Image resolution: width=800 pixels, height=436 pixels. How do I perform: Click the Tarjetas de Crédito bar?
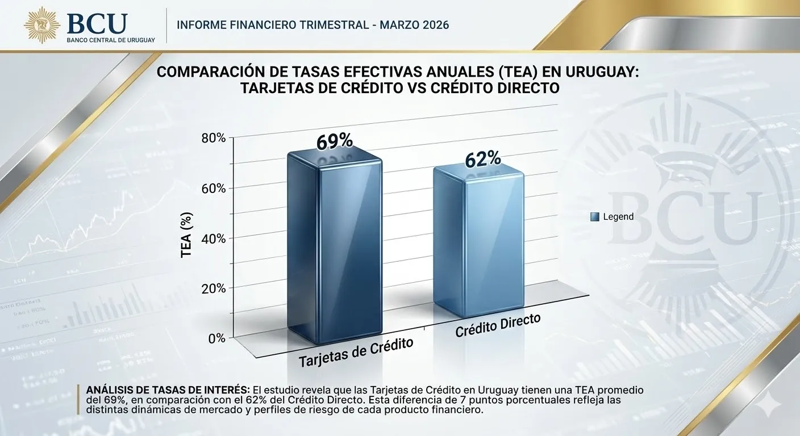click(x=334, y=250)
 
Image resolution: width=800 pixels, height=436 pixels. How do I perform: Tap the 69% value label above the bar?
click(x=335, y=141)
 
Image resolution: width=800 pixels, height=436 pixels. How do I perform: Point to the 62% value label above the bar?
click(x=482, y=160)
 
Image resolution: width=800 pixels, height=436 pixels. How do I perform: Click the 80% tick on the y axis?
click(x=214, y=138)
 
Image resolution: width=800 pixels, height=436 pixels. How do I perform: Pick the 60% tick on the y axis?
click(x=214, y=188)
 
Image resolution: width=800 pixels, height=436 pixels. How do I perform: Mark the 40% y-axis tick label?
click(x=214, y=238)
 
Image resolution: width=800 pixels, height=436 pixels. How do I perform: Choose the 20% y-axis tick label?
click(x=214, y=288)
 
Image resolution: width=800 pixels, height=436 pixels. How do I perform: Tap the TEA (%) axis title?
click(x=186, y=235)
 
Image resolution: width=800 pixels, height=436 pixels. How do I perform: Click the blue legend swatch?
click(x=595, y=216)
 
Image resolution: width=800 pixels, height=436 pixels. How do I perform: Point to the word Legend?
click(x=618, y=216)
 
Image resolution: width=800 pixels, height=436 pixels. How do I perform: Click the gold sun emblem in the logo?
click(x=41, y=24)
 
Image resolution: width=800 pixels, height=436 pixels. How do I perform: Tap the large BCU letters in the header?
click(x=97, y=23)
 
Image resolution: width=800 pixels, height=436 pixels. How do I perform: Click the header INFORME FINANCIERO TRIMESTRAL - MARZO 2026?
click(x=313, y=25)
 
